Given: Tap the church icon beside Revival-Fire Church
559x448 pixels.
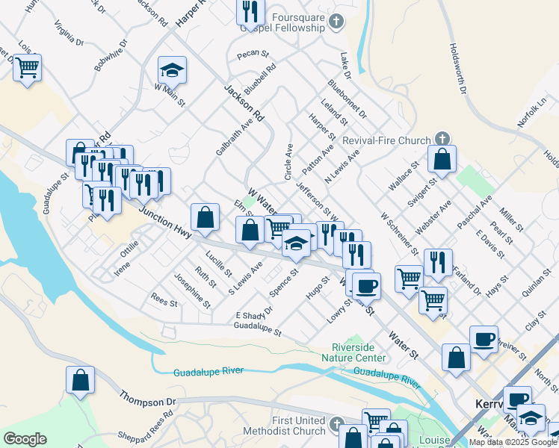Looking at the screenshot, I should point(442,140).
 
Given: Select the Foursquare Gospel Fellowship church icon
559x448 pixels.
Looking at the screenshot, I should point(336,22).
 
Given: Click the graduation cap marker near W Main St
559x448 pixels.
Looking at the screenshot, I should point(173,70).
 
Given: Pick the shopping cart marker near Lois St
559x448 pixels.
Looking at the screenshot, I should point(28,68).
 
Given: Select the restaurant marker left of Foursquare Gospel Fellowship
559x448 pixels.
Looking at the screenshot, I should point(250,10).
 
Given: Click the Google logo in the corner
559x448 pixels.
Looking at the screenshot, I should point(25,439).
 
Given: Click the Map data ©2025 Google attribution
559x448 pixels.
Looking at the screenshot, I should point(513,442).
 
